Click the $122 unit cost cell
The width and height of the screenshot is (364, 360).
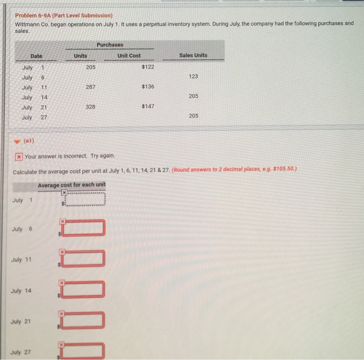(x=148, y=67)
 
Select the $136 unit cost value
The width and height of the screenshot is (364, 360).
(x=148, y=87)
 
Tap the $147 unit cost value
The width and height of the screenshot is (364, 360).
(x=148, y=106)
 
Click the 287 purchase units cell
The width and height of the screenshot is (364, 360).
(x=92, y=87)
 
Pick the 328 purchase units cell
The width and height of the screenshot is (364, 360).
(x=92, y=106)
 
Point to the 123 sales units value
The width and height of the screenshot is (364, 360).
(x=193, y=76)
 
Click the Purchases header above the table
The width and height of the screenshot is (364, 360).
(x=110, y=45)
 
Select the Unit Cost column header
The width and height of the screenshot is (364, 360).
(x=129, y=56)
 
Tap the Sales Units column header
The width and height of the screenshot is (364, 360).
(x=193, y=56)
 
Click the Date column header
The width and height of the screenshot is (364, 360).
(x=36, y=56)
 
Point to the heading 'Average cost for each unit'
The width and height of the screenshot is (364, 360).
(x=72, y=185)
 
